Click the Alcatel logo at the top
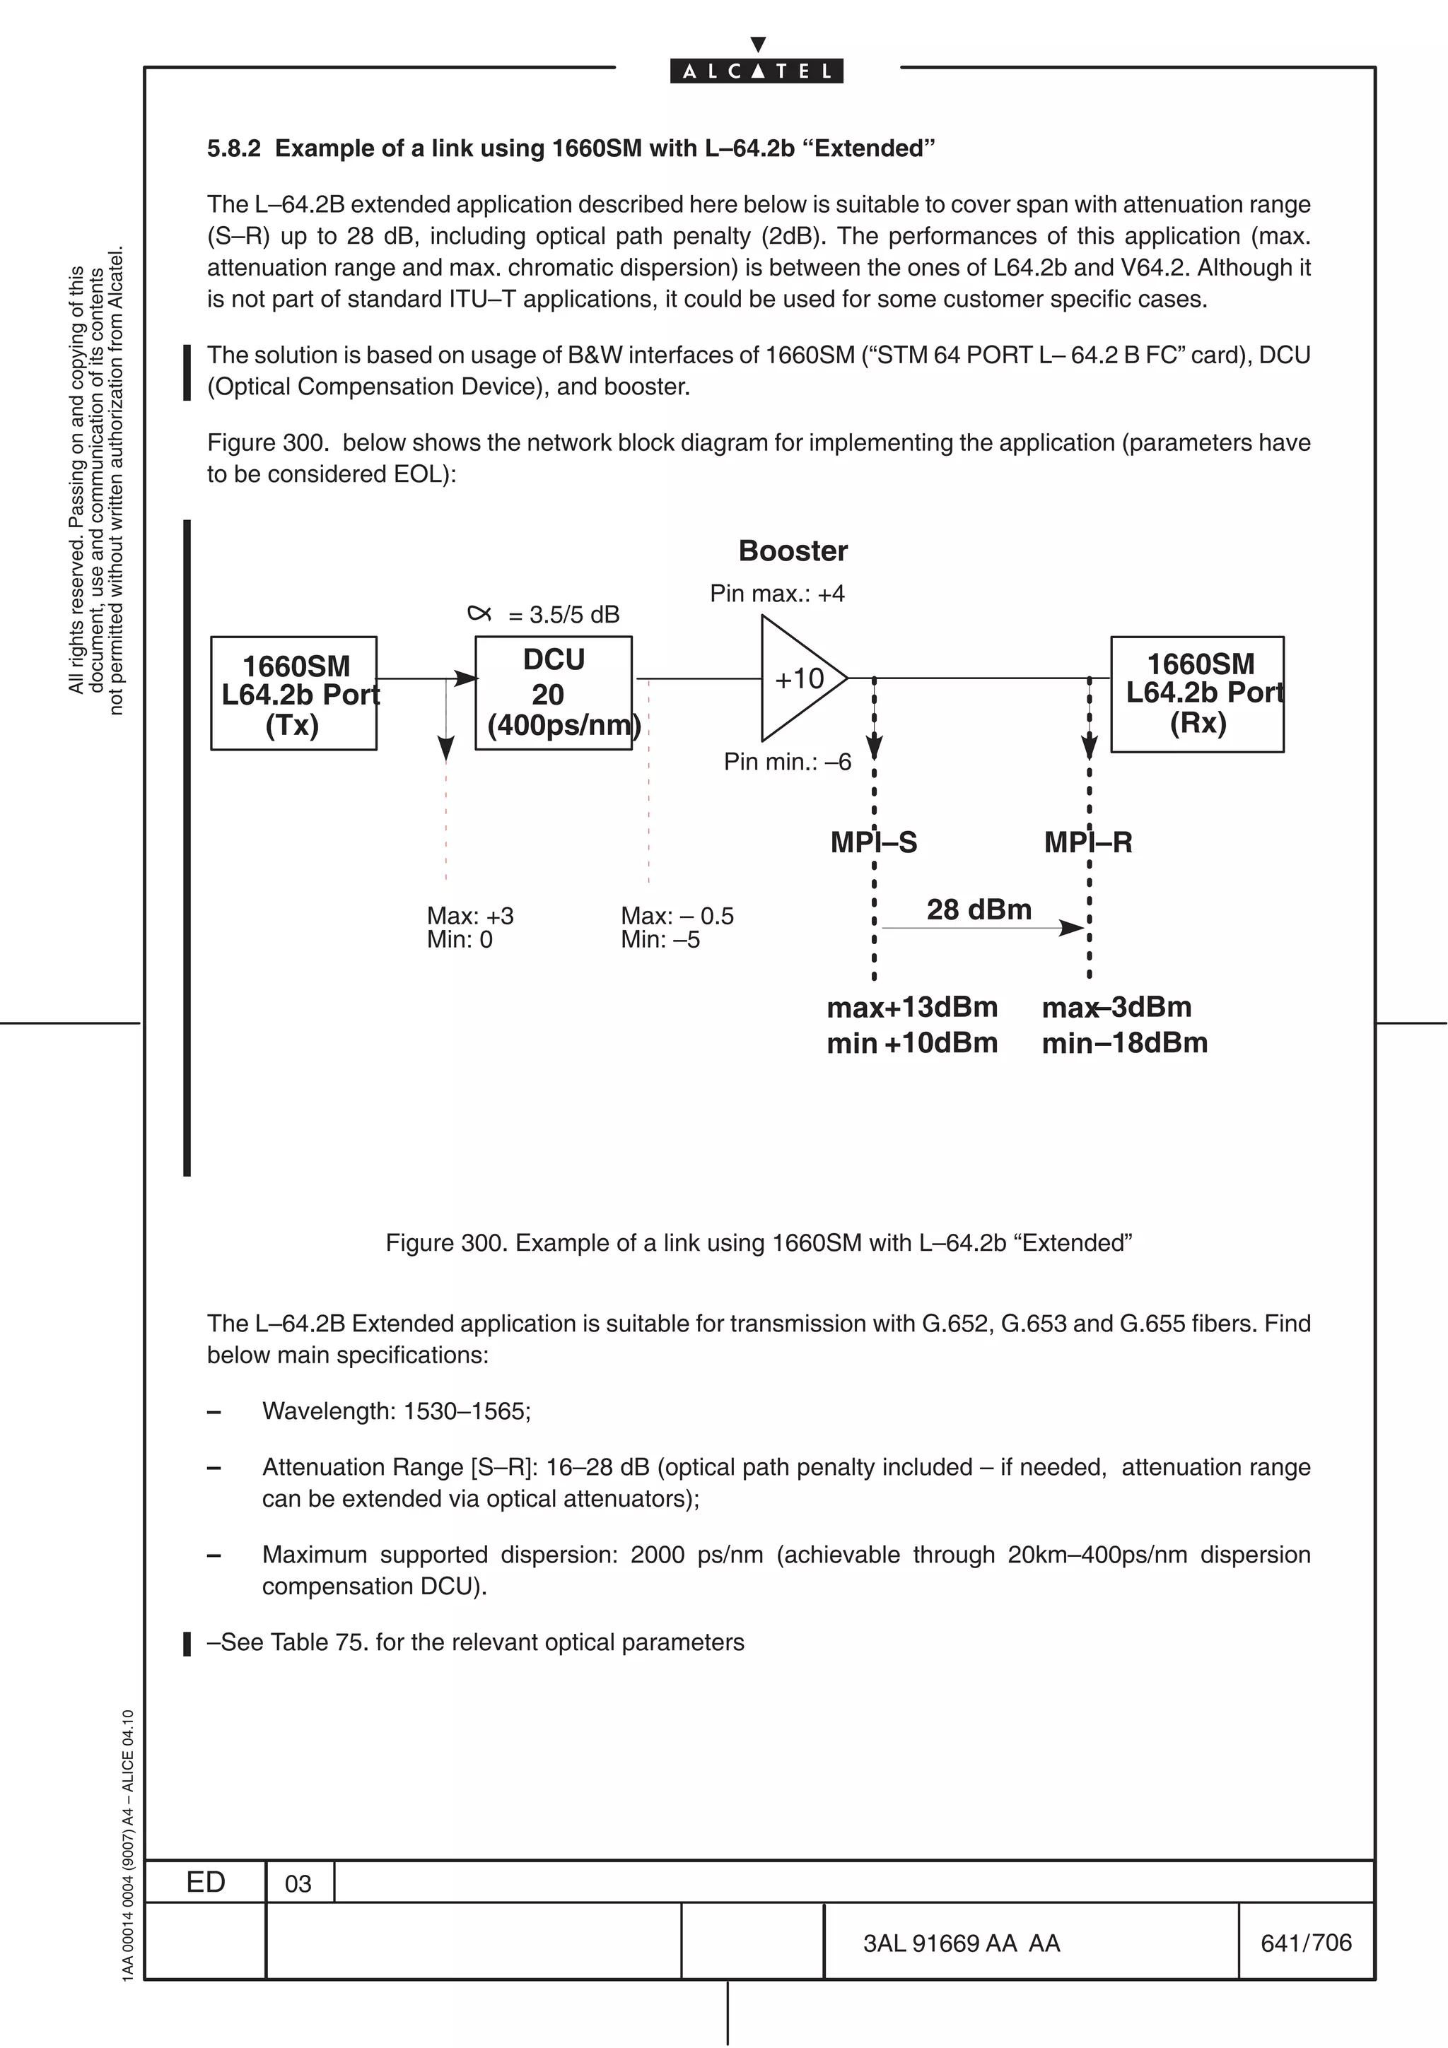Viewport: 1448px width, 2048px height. [x=757, y=71]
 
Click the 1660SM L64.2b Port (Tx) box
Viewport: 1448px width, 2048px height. [x=293, y=693]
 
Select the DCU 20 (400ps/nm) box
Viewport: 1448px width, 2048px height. [x=553, y=693]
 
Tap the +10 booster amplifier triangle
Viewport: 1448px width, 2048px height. [x=796, y=679]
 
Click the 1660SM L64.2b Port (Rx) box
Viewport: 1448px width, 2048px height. [x=1196, y=693]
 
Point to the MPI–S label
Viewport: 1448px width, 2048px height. [x=873, y=842]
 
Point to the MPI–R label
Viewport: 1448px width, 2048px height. [x=1088, y=842]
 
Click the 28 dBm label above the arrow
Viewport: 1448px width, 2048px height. [x=979, y=909]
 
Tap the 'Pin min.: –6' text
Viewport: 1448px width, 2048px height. [x=787, y=762]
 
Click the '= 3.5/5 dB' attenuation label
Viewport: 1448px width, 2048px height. [x=563, y=615]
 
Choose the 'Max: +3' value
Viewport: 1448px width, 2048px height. [x=470, y=915]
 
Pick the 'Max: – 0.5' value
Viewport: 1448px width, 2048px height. [x=677, y=915]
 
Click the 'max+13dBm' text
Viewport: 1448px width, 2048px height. [x=912, y=1007]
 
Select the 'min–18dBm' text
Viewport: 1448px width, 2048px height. [x=1124, y=1043]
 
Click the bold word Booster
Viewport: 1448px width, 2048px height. [x=793, y=551]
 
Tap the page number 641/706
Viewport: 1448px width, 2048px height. [x=1306, y=1942]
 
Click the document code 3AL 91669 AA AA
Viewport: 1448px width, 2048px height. [x=962, y=1943]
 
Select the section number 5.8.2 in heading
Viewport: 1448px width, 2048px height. [x=234, y=148]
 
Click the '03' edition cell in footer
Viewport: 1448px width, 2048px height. [x=298, y=1883]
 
